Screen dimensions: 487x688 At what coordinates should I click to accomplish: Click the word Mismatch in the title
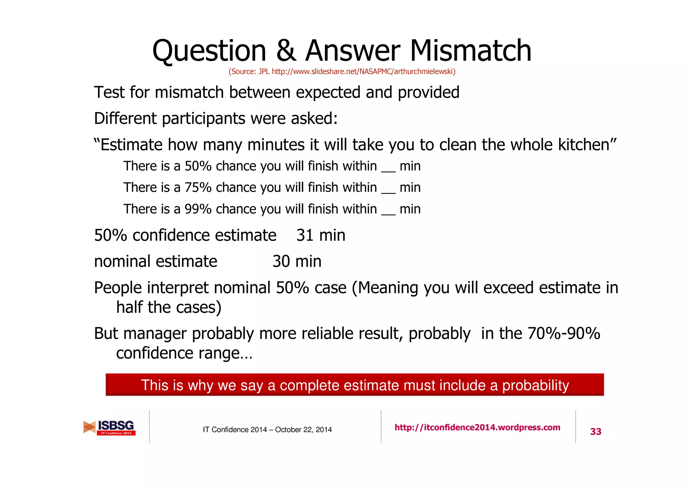[x=470, y=51]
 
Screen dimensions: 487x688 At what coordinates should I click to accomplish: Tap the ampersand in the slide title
[x=286, y=51]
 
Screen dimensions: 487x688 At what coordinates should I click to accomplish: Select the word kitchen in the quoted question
[x=587, y=145]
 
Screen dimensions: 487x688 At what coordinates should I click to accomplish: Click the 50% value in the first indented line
[x=198, y=166]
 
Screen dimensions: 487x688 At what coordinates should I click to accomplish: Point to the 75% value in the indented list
[x=198, y=188]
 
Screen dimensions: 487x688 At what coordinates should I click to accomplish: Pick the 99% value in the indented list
[x=198, y=209]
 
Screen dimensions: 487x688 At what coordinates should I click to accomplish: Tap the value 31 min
[x=320, y=235]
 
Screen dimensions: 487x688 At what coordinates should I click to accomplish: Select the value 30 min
[x=297, y=262]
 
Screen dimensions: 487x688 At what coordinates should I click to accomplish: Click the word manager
[x=155, y=334]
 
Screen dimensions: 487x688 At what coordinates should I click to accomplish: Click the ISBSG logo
[x=110, y=427]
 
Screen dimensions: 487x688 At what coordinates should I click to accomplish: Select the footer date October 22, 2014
[x=303, y=430]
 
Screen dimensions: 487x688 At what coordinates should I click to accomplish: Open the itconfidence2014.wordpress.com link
[x=477, y=427]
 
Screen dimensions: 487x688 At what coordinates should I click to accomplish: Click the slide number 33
[x=596, y=432]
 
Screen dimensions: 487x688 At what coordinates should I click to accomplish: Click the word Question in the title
[x=209, y=51]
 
